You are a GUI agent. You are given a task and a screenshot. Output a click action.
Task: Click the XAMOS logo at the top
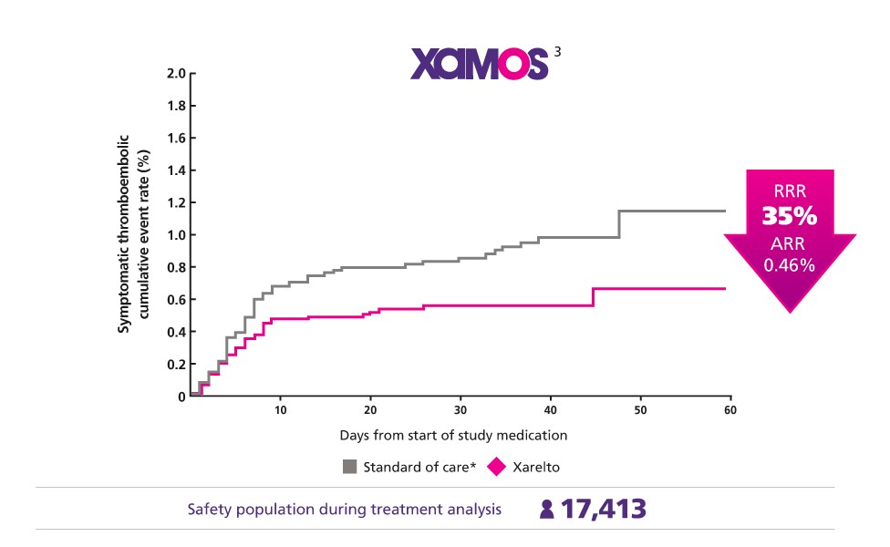(x=479, y=63)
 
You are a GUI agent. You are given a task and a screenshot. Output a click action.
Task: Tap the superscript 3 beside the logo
(x=557, y=51)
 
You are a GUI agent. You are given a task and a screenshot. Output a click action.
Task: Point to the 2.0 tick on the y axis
(x=175, y=73)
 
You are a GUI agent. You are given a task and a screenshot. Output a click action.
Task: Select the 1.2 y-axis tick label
(x=175, y=202)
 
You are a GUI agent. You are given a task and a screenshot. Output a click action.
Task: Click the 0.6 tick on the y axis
(x=175, y=299)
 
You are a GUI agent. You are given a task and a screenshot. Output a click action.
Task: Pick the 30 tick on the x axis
(x=461, y=411)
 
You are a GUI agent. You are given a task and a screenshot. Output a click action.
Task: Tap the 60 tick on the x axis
(x=730, y=411)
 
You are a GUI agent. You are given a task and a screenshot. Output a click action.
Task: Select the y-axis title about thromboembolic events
(x=132, y=234)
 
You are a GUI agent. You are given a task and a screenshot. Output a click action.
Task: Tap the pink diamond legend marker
(x=497, y=467)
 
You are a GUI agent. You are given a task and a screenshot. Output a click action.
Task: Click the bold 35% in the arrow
(x=791, y=219)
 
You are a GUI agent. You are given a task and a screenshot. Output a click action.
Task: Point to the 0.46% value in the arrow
(x=791, y=266)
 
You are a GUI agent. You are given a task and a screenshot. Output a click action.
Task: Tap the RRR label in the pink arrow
(x=791, y=192)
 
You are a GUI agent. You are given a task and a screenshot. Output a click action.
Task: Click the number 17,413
(x=603, y=509)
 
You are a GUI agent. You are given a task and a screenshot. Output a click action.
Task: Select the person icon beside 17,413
(x=546, y=510)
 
